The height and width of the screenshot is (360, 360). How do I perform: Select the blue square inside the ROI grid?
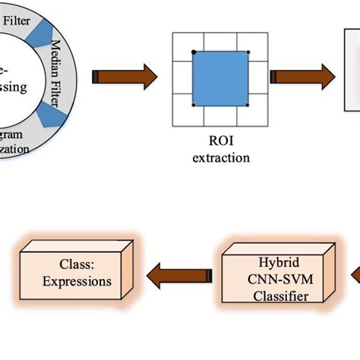tap(219, 79)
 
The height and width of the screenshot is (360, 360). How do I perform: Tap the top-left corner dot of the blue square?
tap(194, 52)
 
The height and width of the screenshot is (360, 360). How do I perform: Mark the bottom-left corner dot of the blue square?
tap(194, 106)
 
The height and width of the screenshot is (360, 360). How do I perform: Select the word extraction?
tap(220, 158)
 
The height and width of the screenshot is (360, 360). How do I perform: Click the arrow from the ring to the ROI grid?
tap(125, 76)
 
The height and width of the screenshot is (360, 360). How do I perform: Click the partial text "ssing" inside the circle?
tap(14, 87)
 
